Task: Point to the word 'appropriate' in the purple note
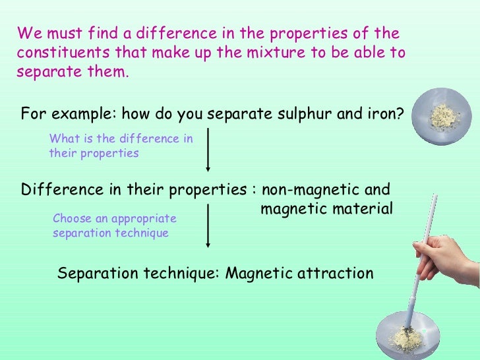click(144, 218)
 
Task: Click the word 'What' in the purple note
click(62, 138)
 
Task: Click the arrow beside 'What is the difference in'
click(209, 148)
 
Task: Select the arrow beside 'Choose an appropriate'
click(209, 225)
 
